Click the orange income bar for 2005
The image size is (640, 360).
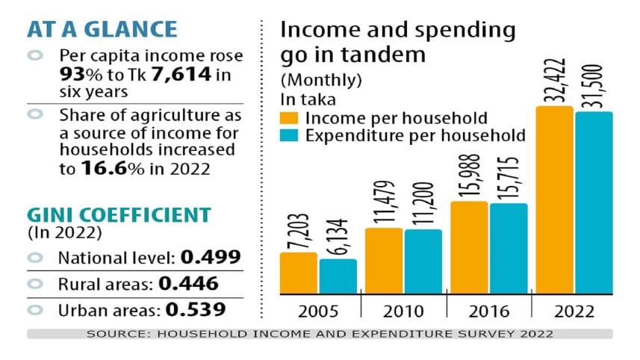pyautogui.click(x=298, y=273)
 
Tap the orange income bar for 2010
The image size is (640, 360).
pyautogui.click(x=384, y=261)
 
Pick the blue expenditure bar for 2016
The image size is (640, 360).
pyautogui.click(x=509, y=249)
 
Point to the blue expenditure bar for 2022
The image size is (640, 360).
pyautogui.click(x=594, y=203)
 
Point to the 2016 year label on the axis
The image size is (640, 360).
pyautogui.click(x=488, y=310)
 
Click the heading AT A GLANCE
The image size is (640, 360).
pyautogui.click(x=102, y=29)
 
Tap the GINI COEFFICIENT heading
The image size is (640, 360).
pyautogui.click(x=118, y=215)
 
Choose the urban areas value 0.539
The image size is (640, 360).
pyautogui.click(x=196, y=308)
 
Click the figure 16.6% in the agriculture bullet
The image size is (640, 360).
pyautogui.click(x=105, y=170)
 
